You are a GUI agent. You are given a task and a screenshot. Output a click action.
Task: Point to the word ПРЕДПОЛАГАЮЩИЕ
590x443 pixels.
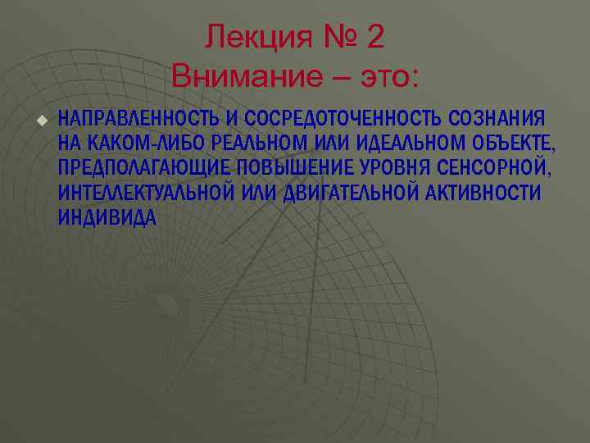click(144, 169)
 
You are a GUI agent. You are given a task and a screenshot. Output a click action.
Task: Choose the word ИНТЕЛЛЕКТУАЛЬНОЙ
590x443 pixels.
click(147, 194)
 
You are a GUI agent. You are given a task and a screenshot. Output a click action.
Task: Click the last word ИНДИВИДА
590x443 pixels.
click(107, 218)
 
